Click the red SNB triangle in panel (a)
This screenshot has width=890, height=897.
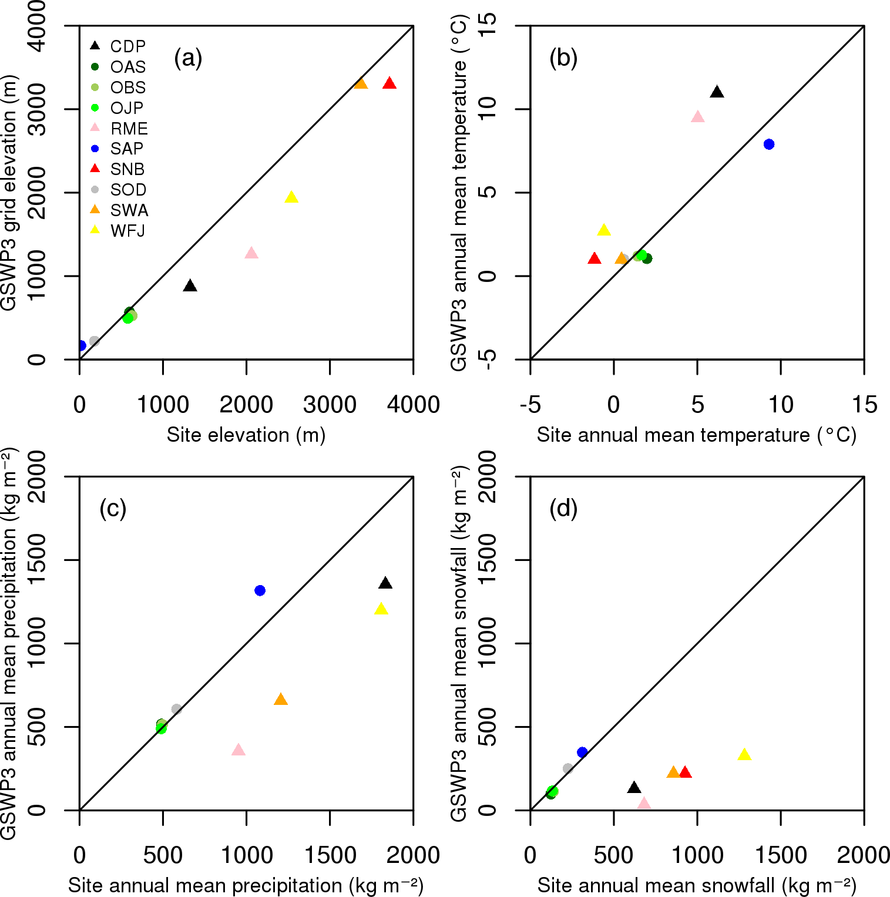(389, 84)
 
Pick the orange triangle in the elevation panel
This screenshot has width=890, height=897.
(361, 84)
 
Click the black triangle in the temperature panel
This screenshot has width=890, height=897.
(717, 92)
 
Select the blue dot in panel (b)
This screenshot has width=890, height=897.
(769, 145)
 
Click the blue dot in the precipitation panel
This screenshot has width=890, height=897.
(260, 590)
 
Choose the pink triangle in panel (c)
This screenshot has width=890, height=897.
(238, 750)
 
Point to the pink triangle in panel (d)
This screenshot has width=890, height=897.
(644, 804)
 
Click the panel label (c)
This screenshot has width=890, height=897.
(113, 508)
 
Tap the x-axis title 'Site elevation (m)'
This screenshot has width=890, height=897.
(246, 435)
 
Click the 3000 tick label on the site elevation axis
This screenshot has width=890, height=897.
(330, 405)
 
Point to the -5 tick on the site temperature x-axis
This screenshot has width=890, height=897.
(530, 405)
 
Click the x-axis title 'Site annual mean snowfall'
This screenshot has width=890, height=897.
(696, 885)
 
